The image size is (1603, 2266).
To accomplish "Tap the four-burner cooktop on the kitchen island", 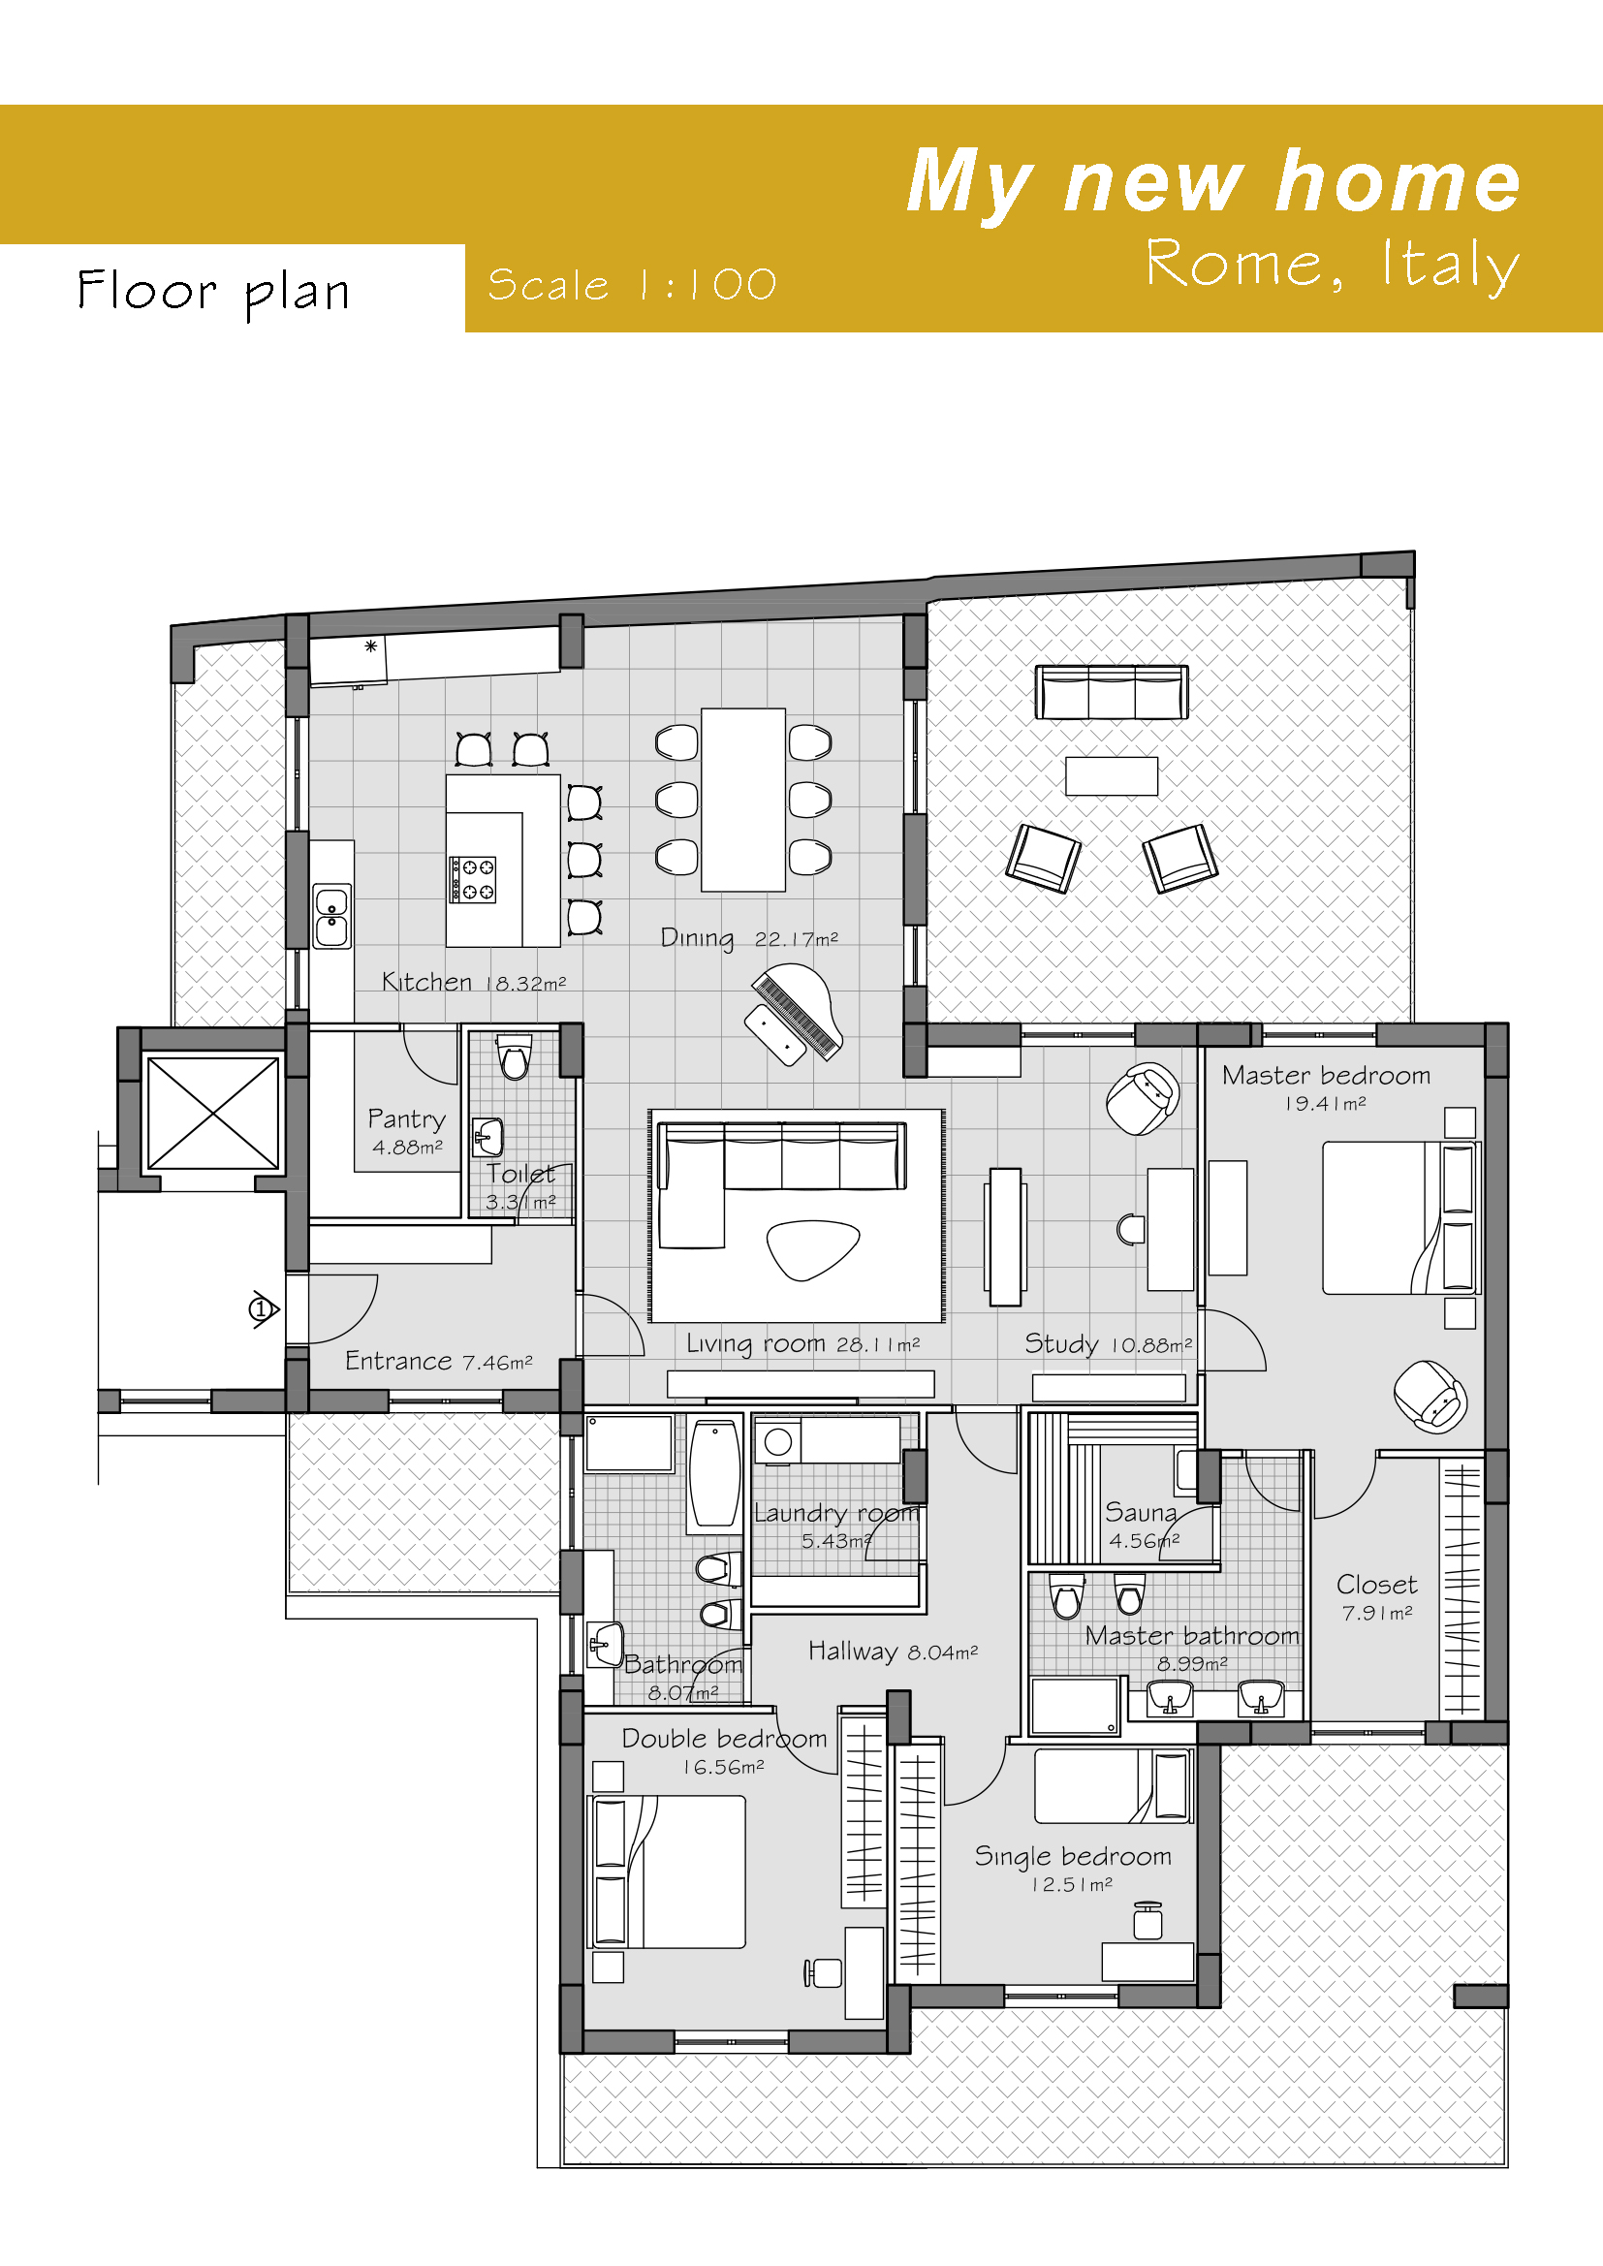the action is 473,879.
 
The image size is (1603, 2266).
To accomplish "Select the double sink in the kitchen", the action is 331,916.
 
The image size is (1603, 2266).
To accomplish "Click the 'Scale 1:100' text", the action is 632,285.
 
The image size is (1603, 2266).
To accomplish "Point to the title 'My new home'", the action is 1213,181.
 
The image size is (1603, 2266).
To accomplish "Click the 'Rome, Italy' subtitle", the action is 1333,265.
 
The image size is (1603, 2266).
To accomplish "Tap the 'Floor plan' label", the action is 213,292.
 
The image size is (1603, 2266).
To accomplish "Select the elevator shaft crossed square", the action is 213,1114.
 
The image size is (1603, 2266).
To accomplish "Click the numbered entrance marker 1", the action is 262,1309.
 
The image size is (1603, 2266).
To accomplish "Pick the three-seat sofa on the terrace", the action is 1112,692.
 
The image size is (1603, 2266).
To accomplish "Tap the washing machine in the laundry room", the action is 779,1442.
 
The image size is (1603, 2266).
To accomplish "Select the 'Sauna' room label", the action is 1141,1513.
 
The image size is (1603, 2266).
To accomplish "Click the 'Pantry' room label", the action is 407,1119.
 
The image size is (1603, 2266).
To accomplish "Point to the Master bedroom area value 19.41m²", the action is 1325,1103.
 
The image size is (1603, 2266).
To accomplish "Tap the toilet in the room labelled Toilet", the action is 514,1057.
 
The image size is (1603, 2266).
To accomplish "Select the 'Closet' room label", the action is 1377,1585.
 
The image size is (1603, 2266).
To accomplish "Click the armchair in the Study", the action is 1143,1098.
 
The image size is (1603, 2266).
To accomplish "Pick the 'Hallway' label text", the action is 853,1652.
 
